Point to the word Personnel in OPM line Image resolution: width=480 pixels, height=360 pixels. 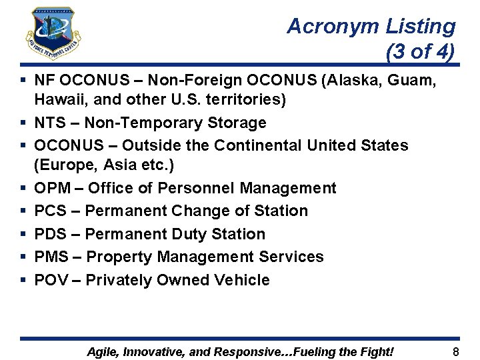201,188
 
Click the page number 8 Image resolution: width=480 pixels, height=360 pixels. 456,351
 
